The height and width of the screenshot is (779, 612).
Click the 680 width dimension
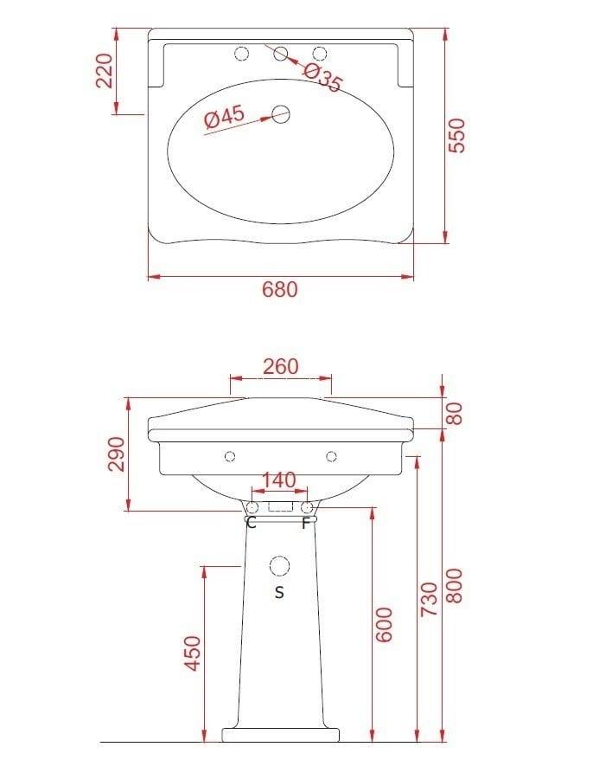(280, 289)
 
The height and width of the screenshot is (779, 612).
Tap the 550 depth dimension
(456, 135)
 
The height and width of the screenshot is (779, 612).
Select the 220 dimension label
(105, 71)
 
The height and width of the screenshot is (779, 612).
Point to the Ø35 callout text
(322, 78)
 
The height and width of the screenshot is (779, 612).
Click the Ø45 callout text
(225, 117)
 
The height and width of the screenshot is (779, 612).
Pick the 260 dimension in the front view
(281, 367)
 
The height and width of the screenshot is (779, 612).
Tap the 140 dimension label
(278, 480)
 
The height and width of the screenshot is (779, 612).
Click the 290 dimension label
(118, 454)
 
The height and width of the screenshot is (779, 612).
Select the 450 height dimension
(193, 653)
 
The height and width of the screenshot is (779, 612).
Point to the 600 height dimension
(384, 624)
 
